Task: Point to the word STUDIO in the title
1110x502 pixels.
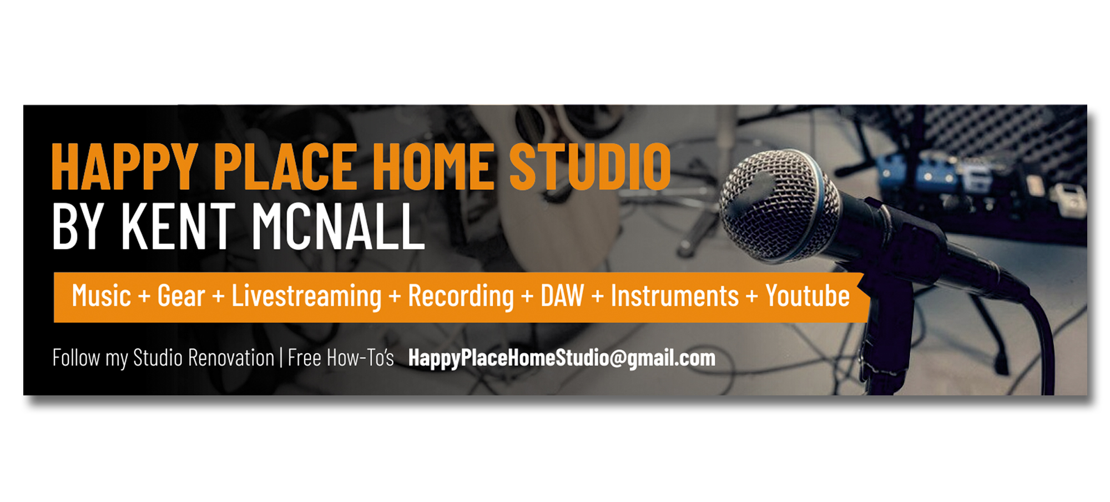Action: pyautogui.click(x=590, y=167)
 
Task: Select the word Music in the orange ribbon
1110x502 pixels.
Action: pyautogui.click(x=101, y=296)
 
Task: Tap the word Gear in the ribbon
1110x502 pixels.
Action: pyautogui.click(x=181, y=296)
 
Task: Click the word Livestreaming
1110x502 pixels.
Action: pyautogui.click(x=306, y=296)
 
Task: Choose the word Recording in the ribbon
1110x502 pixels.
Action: pyautogui.click(x=461, y=296)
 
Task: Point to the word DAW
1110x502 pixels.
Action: pyautogui.click(x=562, y=296)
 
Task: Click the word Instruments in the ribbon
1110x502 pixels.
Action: pyautogui.click(x=674, y=296)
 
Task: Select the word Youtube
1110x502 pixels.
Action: pyautogui.click(x=808, y=296)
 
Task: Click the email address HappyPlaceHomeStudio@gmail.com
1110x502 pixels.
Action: pyautogui.click(x=562, y=358)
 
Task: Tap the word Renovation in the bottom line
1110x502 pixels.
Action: pyautogui.click(x=231, y=358)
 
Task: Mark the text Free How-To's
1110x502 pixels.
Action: pyautogui.click(x=341, y=358)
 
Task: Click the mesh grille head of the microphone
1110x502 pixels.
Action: pyautogui.click(x=780, y=205)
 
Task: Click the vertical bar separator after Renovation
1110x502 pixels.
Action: pyautogui.click(x=281, y=358)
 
